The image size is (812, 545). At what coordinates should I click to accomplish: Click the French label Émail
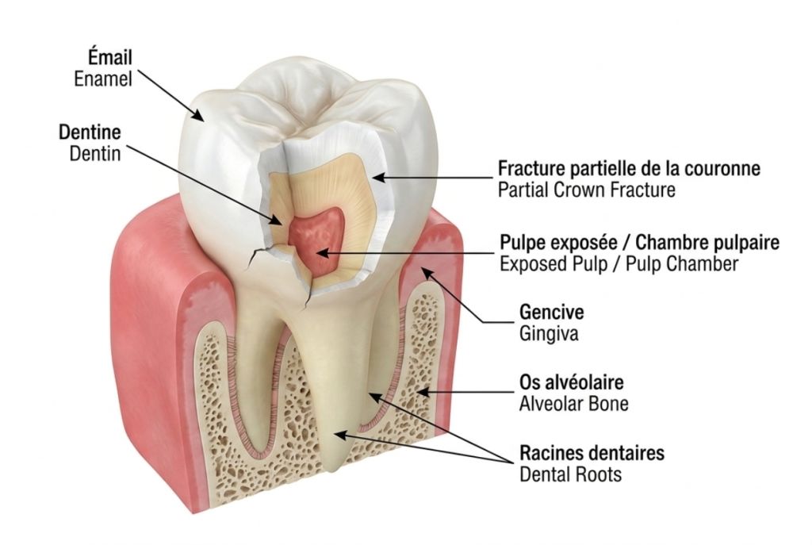tap(109, 56)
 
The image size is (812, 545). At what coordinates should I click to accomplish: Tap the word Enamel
tap(103, 79)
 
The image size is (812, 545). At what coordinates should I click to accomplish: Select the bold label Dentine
tap(90, 132)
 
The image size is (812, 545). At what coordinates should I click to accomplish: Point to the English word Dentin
tap(95, 153)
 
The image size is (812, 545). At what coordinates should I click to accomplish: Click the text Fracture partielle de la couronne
tap(629, 168)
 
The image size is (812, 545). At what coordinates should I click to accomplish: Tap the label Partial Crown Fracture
tap(587, 190)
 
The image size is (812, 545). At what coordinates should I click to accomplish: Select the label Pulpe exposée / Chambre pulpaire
tap(640, 242)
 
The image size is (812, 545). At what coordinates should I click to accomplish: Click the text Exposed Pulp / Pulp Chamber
tap(619, 263)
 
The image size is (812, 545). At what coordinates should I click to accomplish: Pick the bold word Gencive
tap(552, 312)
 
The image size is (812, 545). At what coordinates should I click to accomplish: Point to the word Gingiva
tap(549, 334)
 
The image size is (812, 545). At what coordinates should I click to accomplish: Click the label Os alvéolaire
tap(572, 382)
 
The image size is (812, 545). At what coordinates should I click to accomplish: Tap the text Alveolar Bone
tap(574, 404)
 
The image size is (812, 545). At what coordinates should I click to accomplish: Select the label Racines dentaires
tap(592, 453)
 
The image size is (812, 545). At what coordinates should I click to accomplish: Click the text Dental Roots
tap(571, 474)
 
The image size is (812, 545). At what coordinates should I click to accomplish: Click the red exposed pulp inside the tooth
tap(316, 237)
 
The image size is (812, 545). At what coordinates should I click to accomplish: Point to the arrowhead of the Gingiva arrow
tap(427, 272)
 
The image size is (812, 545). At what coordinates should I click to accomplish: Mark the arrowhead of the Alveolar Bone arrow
tap(422, 392)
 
